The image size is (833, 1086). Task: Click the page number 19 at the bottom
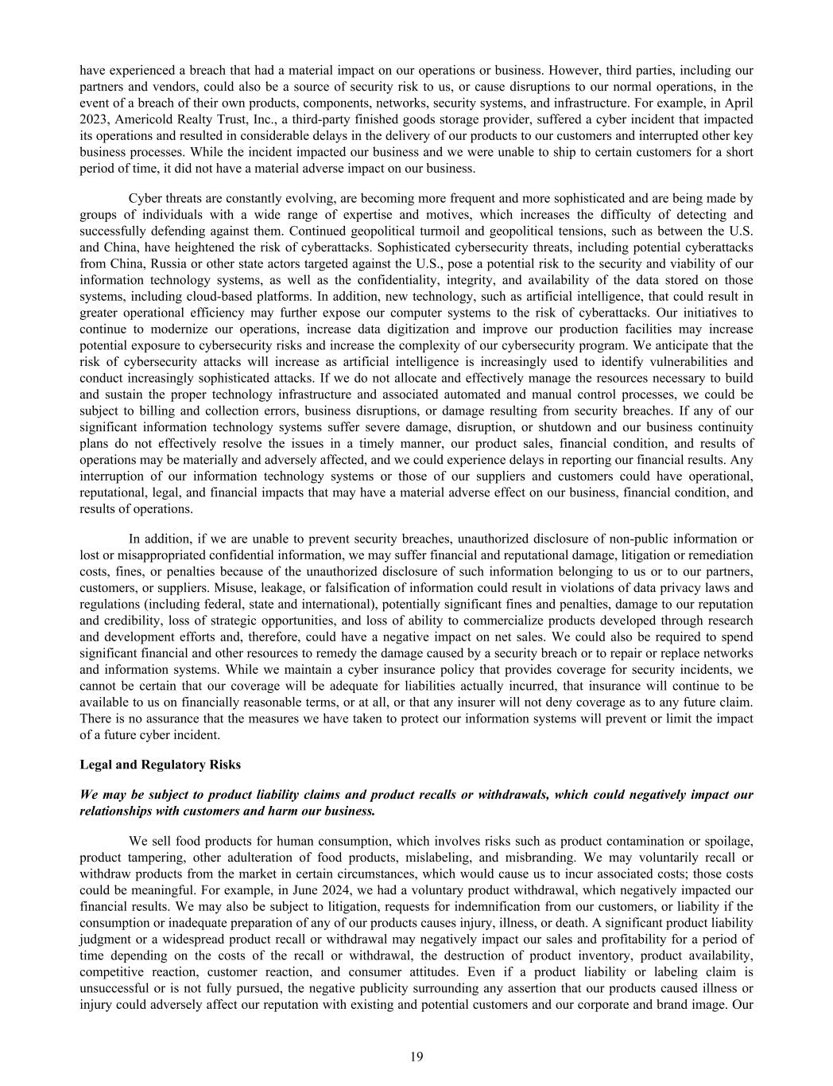pos(416,1057)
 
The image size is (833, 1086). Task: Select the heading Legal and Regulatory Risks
pos(160,765)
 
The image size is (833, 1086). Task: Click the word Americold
pos(144,119)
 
